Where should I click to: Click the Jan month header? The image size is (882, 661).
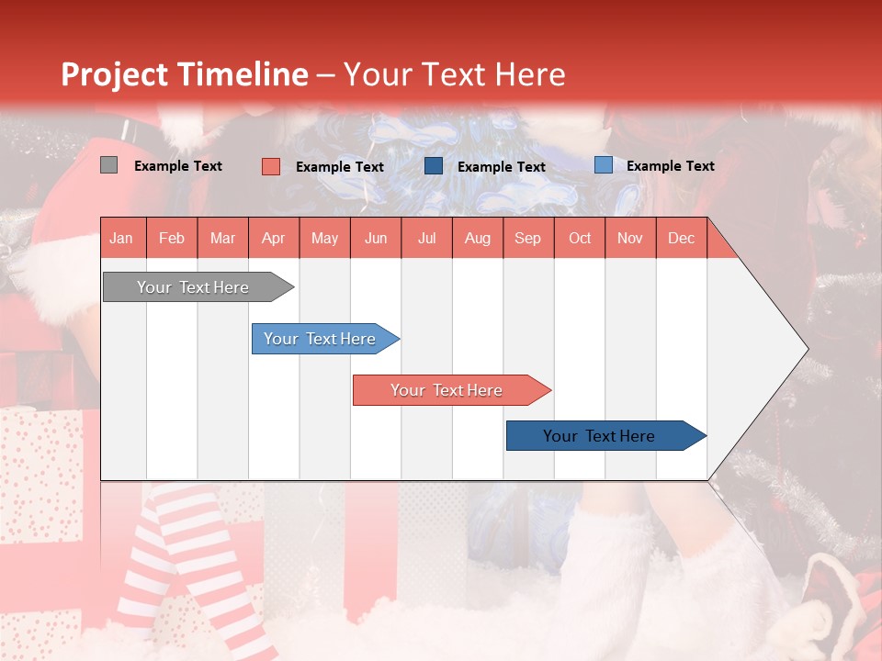121,239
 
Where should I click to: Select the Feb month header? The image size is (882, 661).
172,239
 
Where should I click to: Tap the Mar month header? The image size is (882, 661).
222,239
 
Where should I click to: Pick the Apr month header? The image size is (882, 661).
274,239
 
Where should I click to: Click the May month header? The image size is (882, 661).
324,239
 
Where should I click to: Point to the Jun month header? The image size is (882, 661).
376,239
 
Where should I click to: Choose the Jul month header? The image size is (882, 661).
426,239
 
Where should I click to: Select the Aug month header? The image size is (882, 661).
478,239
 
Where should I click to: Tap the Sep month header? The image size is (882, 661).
528,239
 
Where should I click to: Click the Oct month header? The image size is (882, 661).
580,239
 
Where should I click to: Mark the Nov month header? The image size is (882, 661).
630,239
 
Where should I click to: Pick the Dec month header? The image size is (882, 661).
682,239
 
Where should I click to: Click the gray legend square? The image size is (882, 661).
108,165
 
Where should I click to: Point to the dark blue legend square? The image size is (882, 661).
434,166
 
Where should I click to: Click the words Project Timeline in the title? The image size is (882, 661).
185,74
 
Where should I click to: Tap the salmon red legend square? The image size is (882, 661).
271,166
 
